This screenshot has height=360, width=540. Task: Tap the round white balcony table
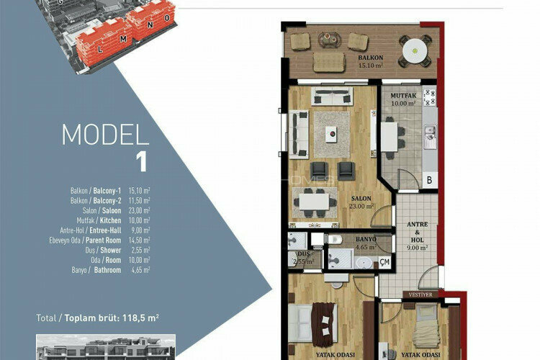pyautogui.click(x=415, y=51)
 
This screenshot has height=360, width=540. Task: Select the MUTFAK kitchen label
pyautogui.click(x=402, y=96)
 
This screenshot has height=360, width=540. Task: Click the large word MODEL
pyautogui.click(x=105, y=135)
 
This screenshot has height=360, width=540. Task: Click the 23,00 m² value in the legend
pyautogui.click(x=141, y=210)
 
